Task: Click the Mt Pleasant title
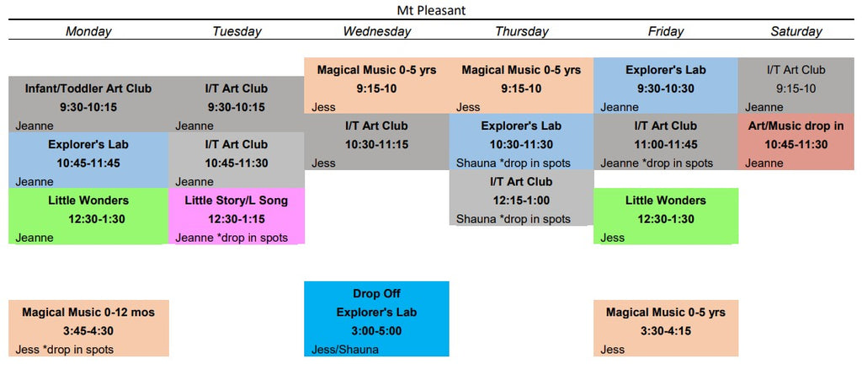click(431, 10)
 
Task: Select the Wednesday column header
click(376, 31)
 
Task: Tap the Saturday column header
click(796, 31)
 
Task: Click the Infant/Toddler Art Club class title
click(88, 88)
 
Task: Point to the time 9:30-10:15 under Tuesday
click(237, 107)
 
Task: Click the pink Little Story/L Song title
click(237, 201)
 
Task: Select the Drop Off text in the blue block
click(376, 294)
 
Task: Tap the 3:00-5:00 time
click(376, 331)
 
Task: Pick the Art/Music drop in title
click(796, 126)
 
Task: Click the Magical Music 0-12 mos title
click(88, 313)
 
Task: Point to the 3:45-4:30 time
click(88, 331)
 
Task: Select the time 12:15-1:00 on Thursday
click(520, 201)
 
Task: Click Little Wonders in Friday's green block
click(665, 201)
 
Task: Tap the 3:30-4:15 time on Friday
click(665, 331)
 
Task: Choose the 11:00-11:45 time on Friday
click(665, 145)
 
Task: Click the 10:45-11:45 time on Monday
click(88, 163)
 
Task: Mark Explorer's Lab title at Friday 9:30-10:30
click(665, 70)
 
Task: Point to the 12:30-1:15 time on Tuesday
click(237, 219)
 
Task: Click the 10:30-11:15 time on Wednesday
click(376, 145)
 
